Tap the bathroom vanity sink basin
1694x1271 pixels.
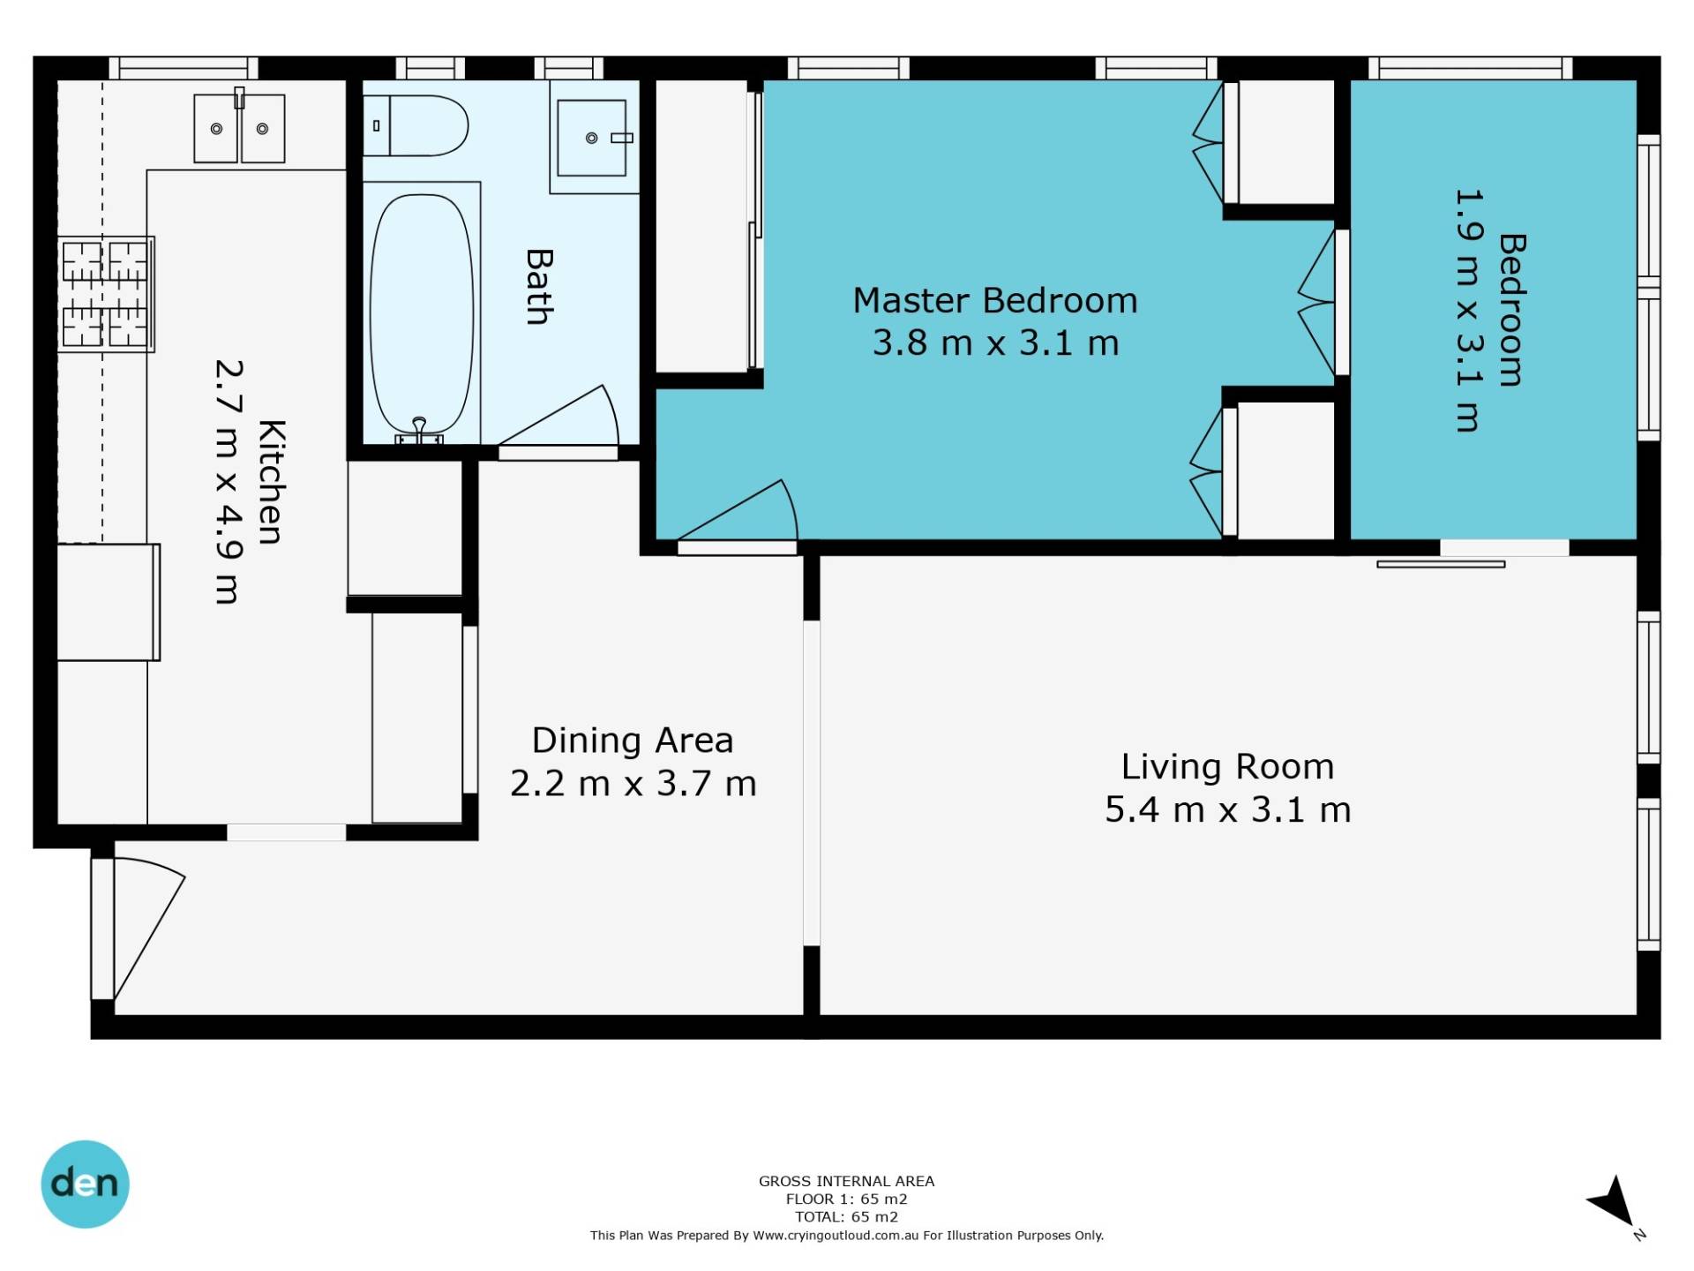coord(592,138)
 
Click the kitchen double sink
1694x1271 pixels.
coord(239,129)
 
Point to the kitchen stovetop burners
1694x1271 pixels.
coord(106,294)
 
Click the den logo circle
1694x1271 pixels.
coord(86,1184)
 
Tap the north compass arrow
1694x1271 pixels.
coord(1614,1202)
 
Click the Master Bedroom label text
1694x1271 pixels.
coord(995,301)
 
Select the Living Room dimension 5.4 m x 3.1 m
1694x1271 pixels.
coord(1228,809)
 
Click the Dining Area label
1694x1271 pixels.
coord(633,741)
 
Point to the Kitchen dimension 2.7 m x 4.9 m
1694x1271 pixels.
coord(228,482)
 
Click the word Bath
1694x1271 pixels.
coord(539,287)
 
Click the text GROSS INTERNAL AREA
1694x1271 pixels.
coord(846,1181)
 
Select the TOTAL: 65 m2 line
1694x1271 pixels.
coord(846,1216)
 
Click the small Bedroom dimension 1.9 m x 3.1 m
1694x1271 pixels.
coord(1468,310)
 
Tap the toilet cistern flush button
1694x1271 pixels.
coord(376,126)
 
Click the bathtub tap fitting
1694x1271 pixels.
coord(419,431)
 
